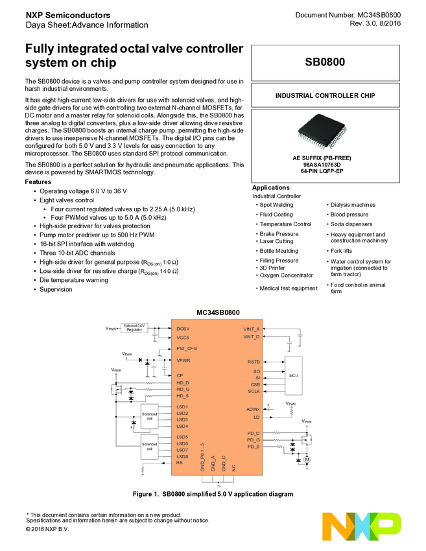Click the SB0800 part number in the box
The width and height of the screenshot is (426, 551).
tap(325, 63)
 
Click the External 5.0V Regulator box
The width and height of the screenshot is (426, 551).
tap(134, 328)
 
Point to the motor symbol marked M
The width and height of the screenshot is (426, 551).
tap(307, 459)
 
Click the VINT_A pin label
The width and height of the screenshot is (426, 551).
tap(251, 329)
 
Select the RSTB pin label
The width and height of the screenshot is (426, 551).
tap(254, 361)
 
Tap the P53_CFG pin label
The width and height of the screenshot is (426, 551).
tap(186, 348)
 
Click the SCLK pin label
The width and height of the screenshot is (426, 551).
tap(254, 391)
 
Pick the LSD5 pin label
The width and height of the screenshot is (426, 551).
tap(182, 437)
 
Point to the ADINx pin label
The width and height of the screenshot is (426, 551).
tap(252, 409)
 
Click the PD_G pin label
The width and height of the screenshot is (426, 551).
tap(253, 440)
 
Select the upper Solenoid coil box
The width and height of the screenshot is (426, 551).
tap(150, 416)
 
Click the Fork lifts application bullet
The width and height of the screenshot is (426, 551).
tap(342, 251)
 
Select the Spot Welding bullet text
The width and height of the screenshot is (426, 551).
tap(276, 205)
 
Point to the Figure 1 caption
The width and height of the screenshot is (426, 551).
tap(213, 494)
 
